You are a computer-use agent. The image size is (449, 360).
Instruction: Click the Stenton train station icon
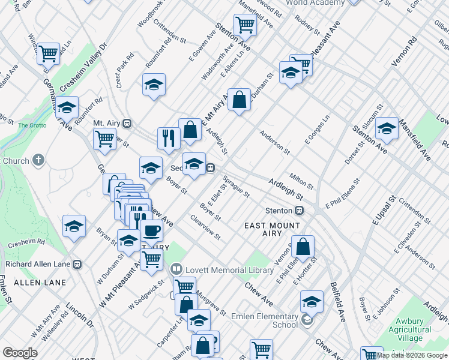point(298,211)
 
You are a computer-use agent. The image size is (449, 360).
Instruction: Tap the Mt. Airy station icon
point(127,123)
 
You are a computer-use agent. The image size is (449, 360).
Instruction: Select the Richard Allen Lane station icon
point(77,264)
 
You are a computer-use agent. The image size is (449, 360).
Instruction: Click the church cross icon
point(38,160)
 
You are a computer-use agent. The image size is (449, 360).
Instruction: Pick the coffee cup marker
point(151,230)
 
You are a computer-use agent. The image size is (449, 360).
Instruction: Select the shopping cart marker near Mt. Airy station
point(105,139)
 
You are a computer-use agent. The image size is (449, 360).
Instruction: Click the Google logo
point(20,353)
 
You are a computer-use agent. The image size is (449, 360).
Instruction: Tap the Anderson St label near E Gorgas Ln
point(274,142)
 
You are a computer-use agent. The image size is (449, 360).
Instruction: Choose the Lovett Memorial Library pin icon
point(176,270)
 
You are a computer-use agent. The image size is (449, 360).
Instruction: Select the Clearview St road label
point(205,227)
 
